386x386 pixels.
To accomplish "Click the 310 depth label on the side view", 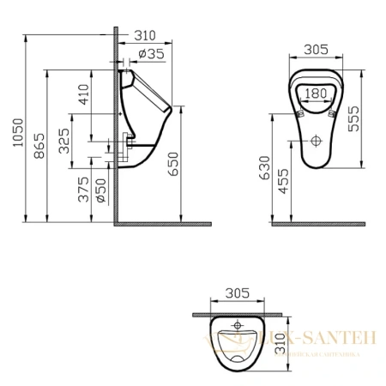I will pos(147,35).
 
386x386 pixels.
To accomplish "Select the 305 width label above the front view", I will pos(317,50).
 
